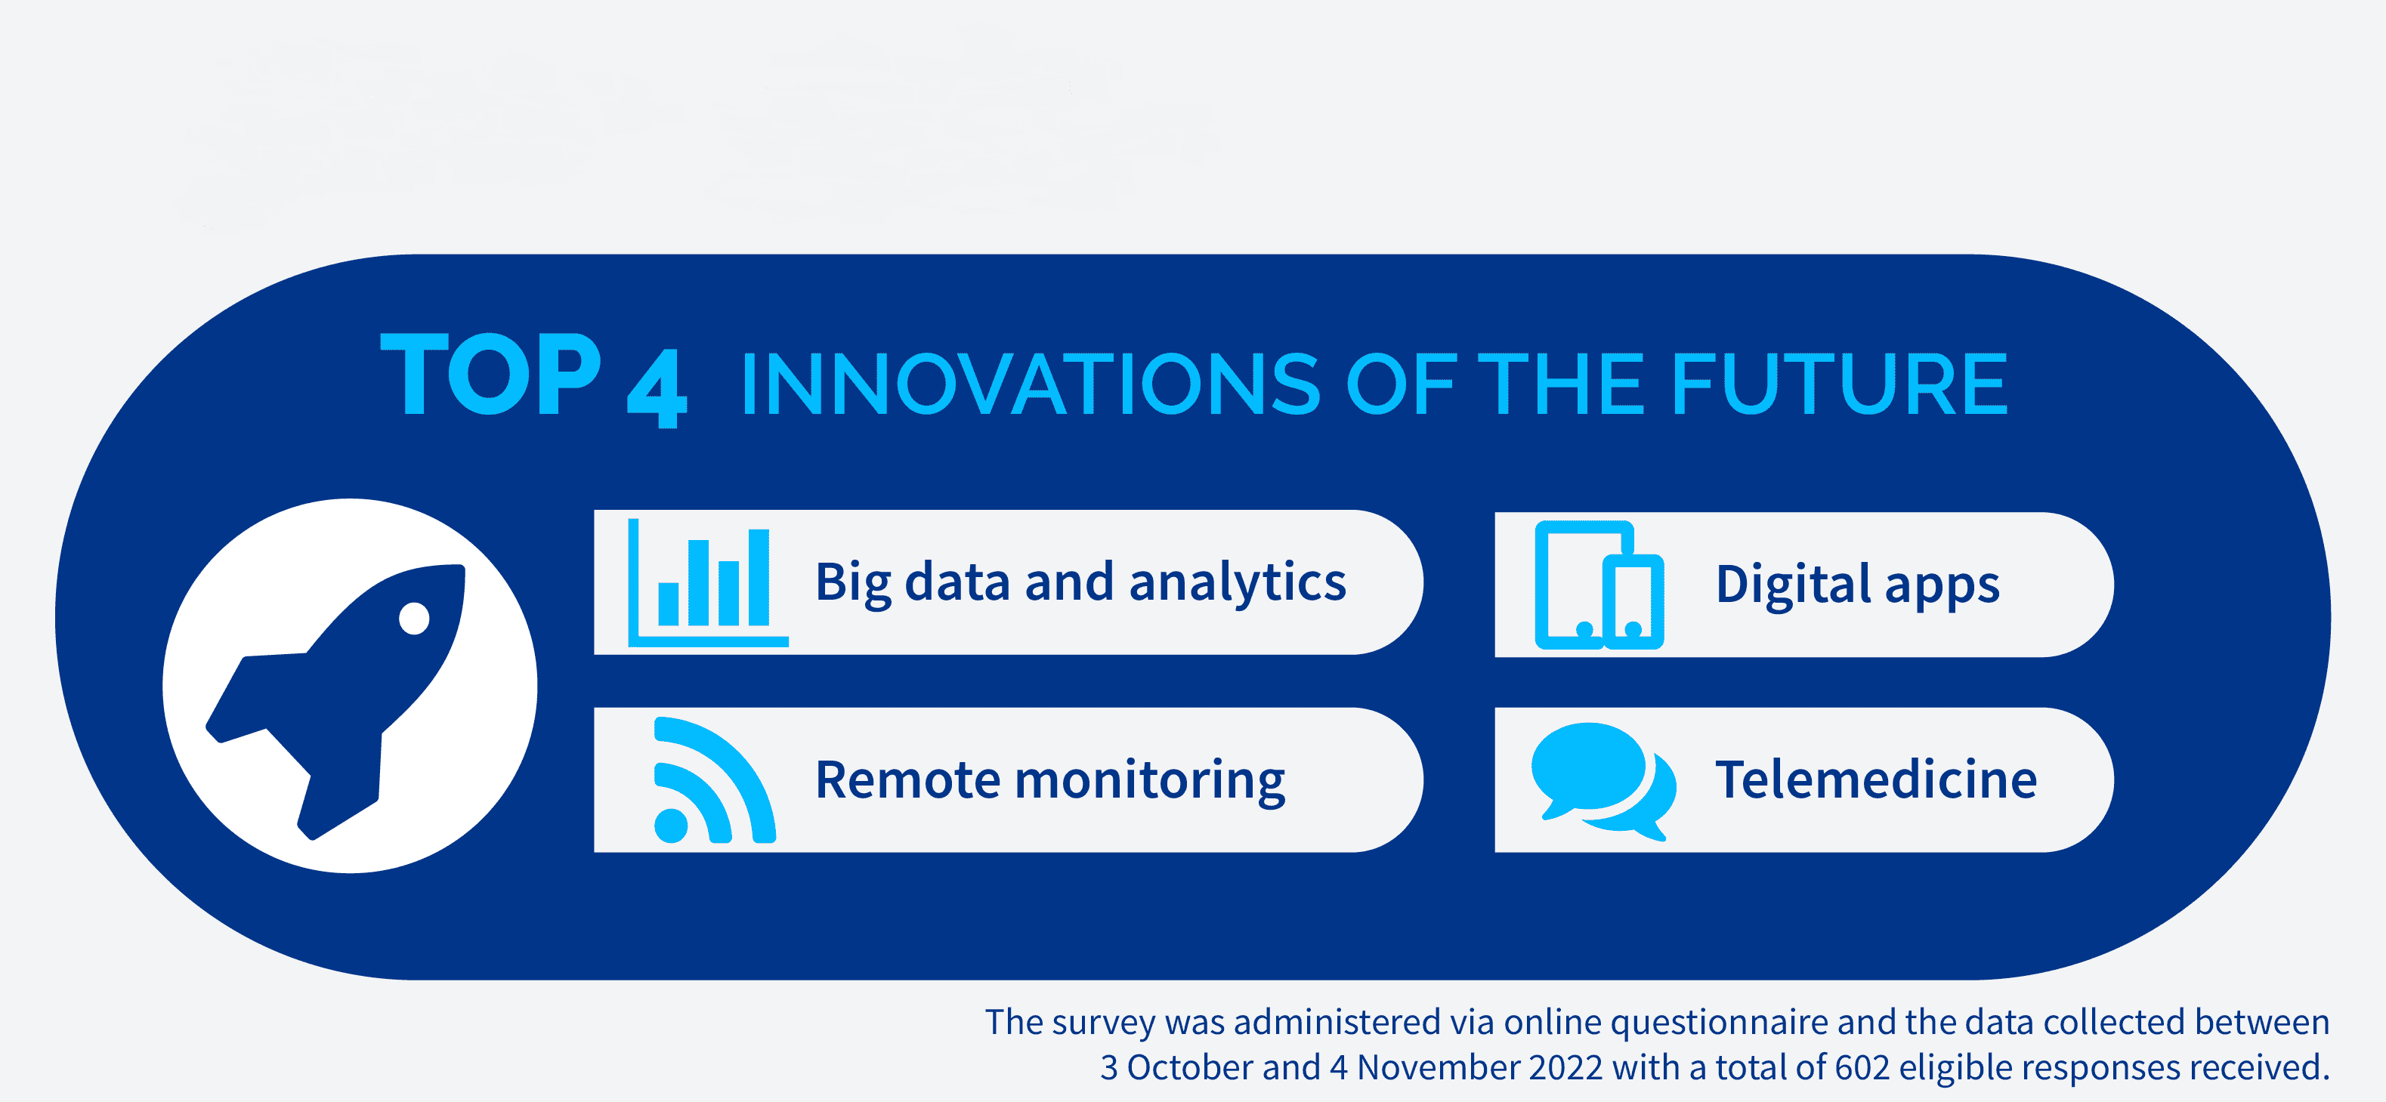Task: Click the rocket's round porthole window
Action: tap(414, 619)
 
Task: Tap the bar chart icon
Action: tap(709, 582)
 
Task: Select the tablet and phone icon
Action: tap(1599, 585)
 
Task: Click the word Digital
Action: tap(1794, 585)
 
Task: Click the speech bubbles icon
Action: tap(1603, 782)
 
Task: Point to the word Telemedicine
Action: tap(1877, 779)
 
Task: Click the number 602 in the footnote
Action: tap(1862, 1068)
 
